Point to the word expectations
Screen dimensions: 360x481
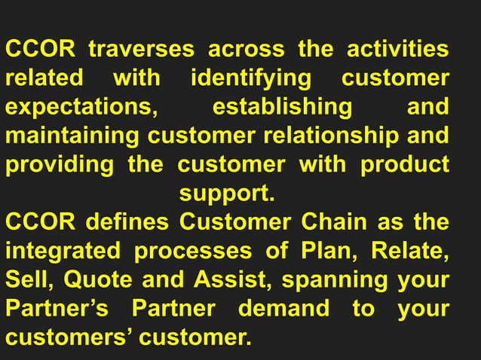pos(82,107)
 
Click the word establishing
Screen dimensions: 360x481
pos(282,107)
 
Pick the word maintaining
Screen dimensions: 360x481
pos(73,136)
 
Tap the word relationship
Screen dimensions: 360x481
pos(348,136)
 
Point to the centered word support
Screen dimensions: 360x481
pos(226,194)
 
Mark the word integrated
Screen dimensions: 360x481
pos(64,251)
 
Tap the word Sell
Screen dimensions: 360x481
pos(29,279)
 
